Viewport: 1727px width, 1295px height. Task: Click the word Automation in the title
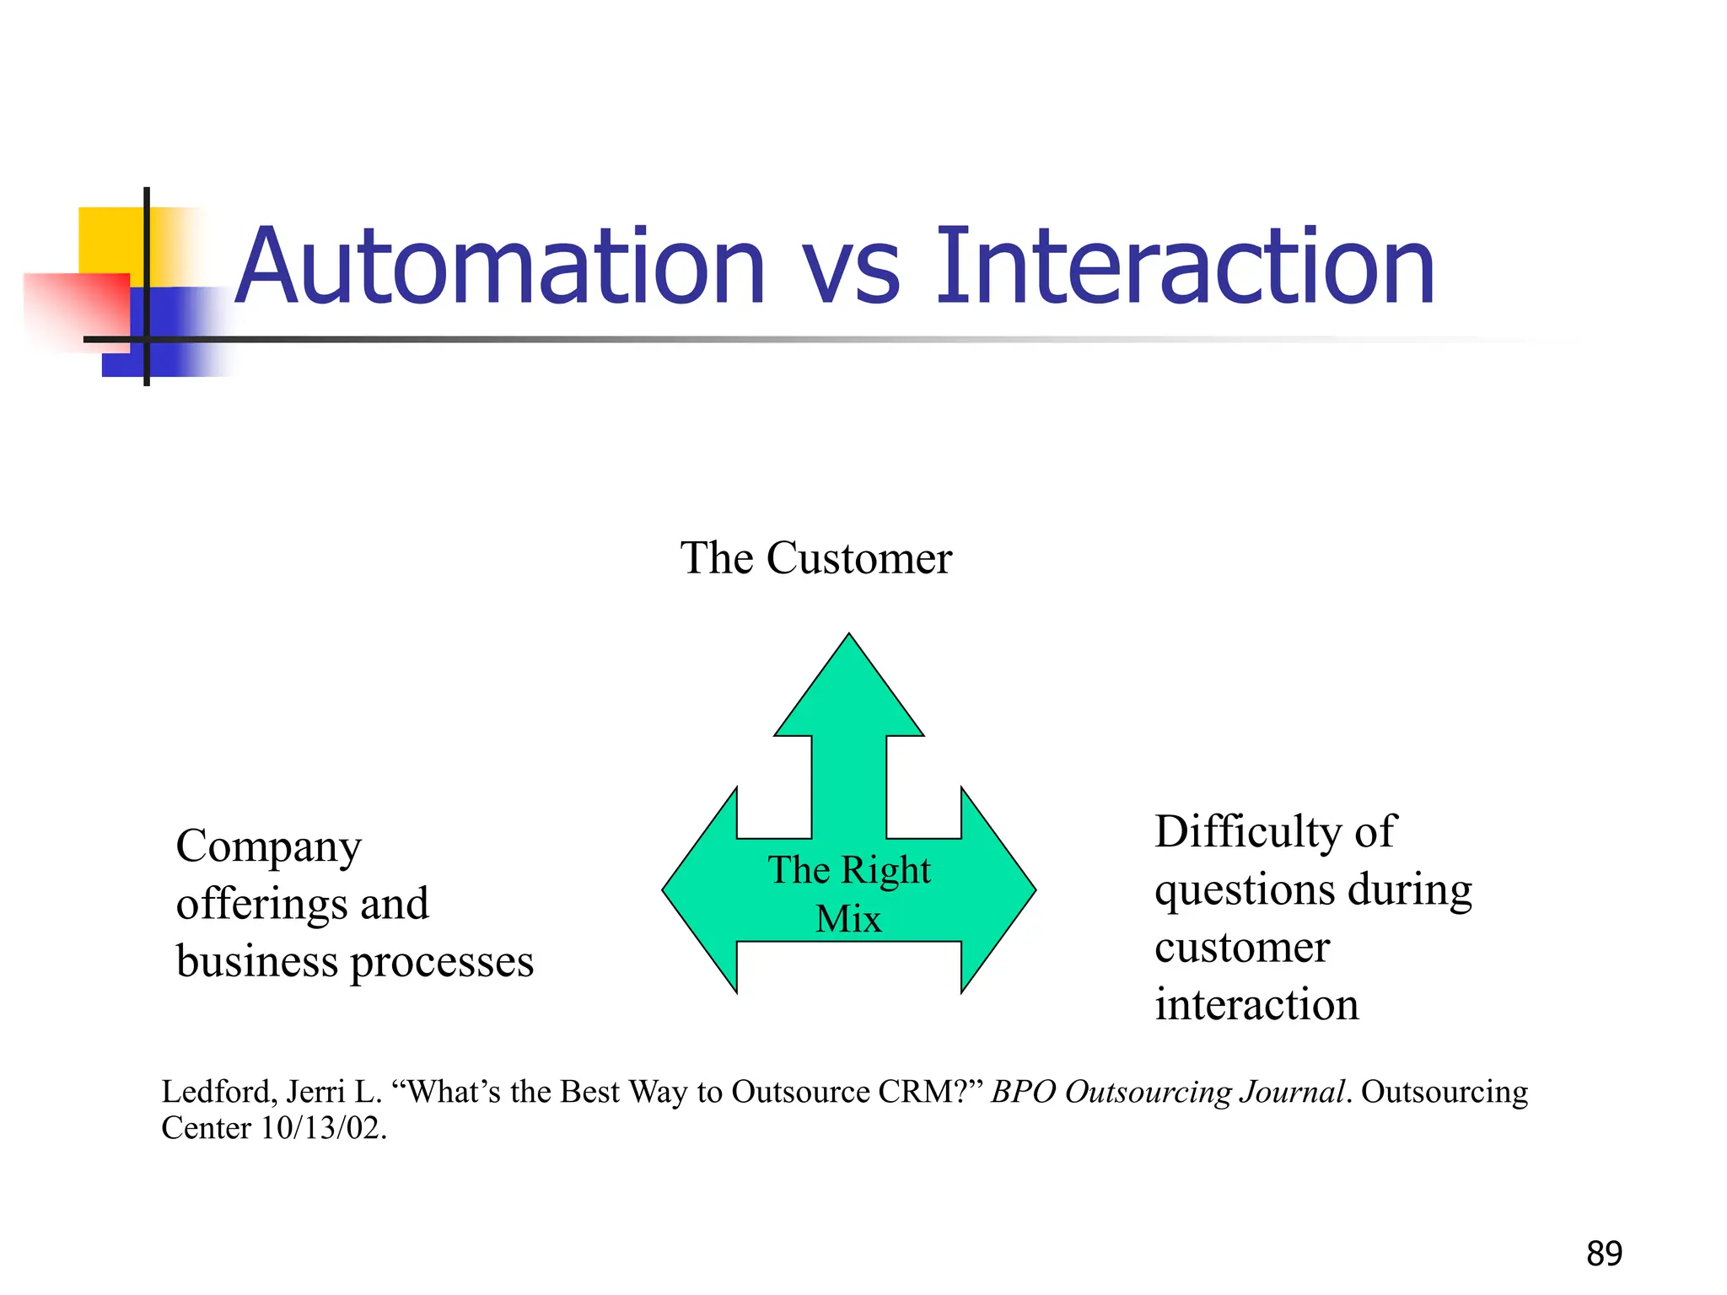click(x=499, y=268)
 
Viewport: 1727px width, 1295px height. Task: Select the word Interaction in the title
click(x=1185, y=268)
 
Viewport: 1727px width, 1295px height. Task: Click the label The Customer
click(x=815, y=558)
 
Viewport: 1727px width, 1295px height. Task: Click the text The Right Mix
click(x=849, y=893)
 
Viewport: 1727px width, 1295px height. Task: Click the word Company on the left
click(x=268, y=846)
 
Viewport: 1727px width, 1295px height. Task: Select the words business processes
click(x=354, y=961)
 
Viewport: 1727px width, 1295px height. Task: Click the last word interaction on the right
click(x=1256, y=1005)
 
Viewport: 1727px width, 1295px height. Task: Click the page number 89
click(x=1604, y=1254)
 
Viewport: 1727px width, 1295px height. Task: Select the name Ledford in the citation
click(x=217, y=1092)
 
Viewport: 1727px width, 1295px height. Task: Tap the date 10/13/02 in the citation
click(x=322, y=1128)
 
